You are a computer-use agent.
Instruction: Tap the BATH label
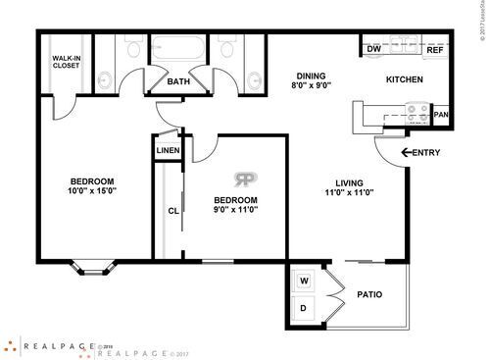coord(178,82)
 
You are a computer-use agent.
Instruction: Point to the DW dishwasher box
coord(373,49)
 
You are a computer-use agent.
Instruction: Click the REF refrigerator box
coord(432,49)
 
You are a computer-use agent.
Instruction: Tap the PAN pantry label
coord(441,115)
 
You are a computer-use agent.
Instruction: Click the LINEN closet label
coord(166,150)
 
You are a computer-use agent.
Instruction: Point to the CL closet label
coord(171,210)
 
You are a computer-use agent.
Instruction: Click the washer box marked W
coord(305,282)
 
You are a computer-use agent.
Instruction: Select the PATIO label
coord(368,294)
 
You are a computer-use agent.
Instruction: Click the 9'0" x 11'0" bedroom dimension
coord(235,211)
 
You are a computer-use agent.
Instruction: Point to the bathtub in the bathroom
coord(177,50)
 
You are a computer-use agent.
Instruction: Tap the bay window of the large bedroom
coord(92,264)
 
